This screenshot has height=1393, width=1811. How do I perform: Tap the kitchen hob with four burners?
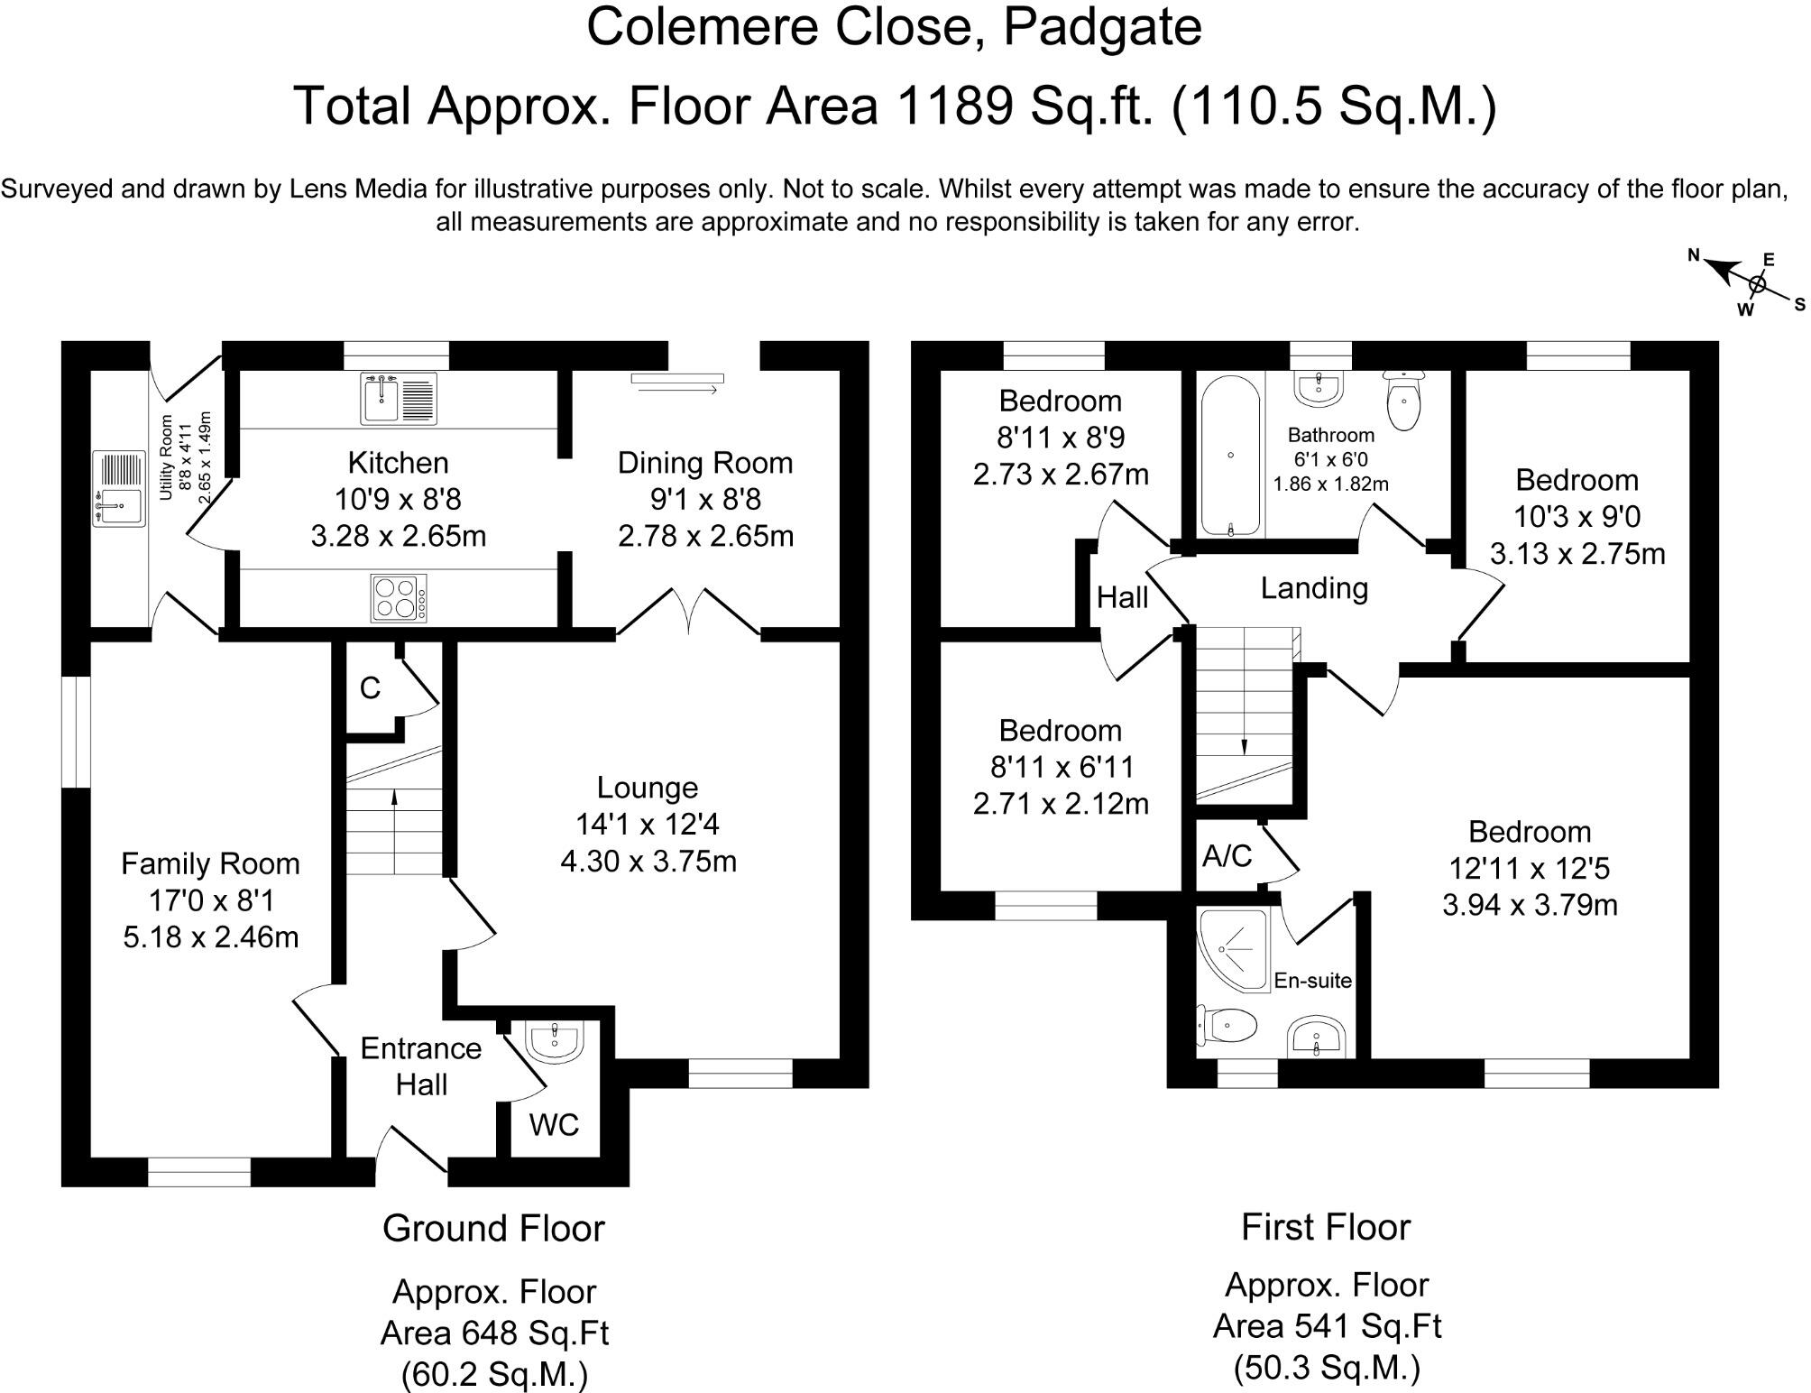(399, 597)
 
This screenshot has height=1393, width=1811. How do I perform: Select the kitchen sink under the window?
(399, 398)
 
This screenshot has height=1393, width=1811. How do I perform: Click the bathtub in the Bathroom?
(1230, 455)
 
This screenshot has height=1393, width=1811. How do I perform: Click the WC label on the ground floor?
(554, 1124)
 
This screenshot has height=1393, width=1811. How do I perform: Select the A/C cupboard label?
(1227, 855)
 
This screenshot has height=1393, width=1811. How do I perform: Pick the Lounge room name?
(648, 788)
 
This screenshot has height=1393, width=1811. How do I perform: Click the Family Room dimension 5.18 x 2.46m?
(211, 936)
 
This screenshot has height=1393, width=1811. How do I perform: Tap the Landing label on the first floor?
(1314, 588)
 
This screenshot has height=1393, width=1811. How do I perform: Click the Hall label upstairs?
(1122, 597)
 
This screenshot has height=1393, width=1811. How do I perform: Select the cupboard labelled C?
(370, 688)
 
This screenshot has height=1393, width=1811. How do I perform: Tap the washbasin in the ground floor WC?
(556, 1041)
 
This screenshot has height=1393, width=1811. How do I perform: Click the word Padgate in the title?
(1102, 26)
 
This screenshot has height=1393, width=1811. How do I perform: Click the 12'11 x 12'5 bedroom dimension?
(1530, 868)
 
